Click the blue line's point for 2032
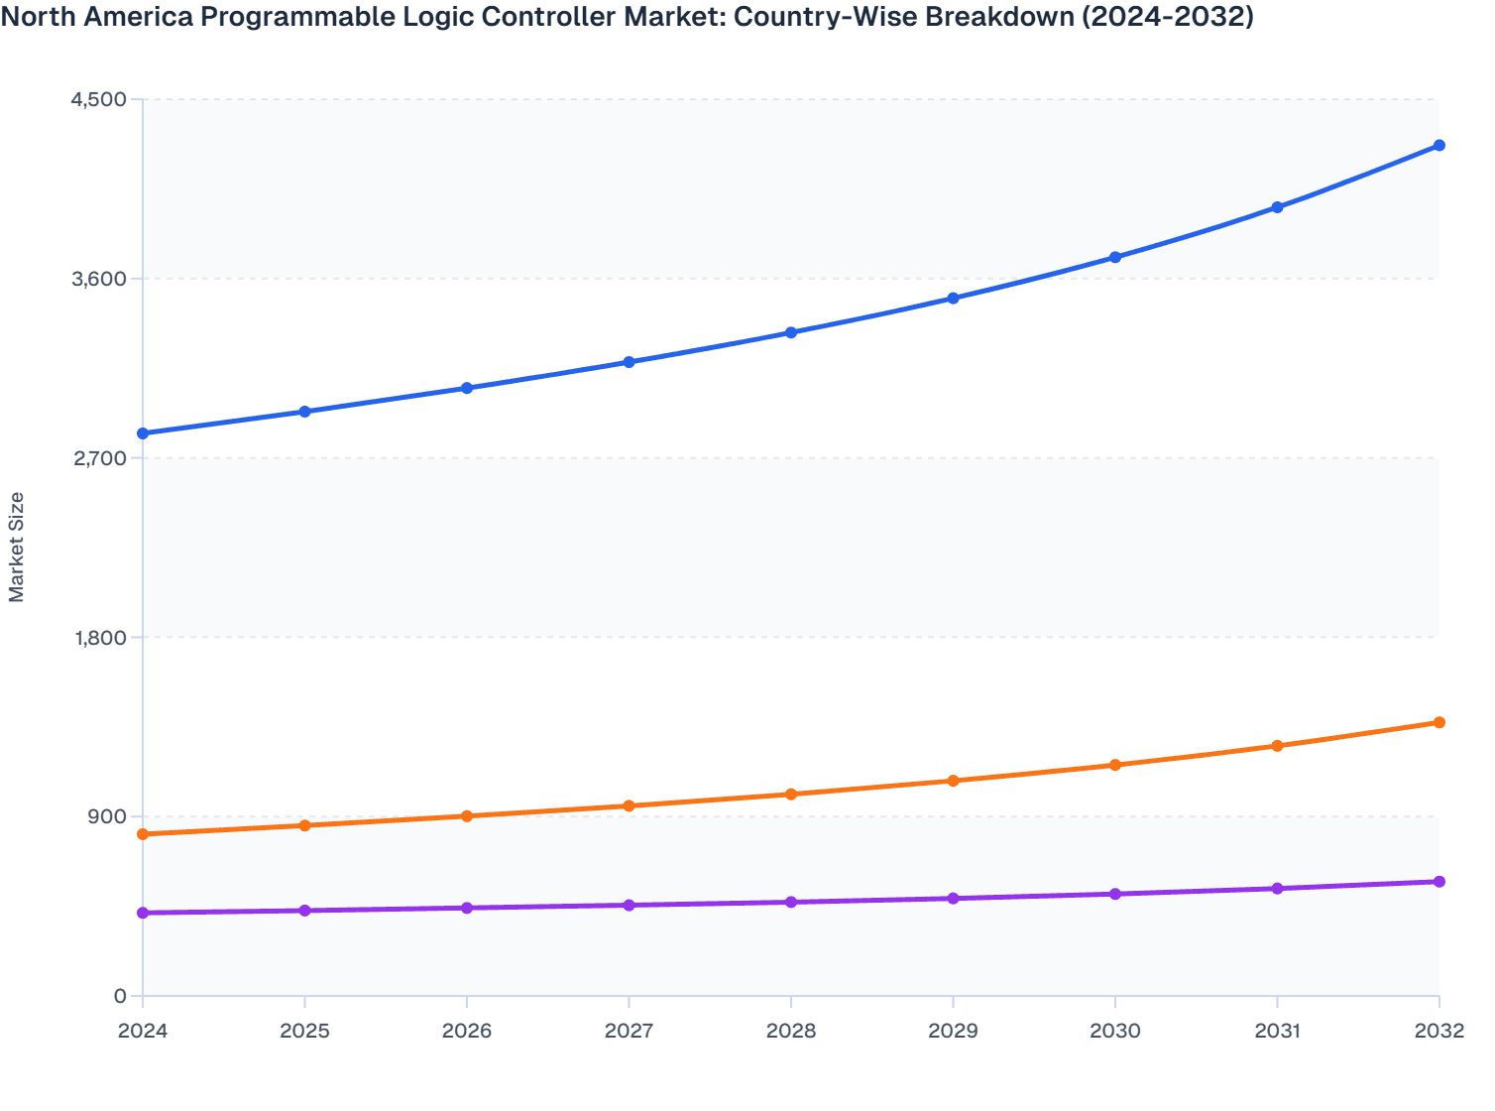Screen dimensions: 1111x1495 (x=1439, y=146)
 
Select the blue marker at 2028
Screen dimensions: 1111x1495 (x=791, y=332)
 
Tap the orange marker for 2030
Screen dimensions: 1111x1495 (x=1115, y=765)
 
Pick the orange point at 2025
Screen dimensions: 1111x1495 (x=305, y=825)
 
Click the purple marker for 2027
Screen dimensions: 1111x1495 (x=630, y=905)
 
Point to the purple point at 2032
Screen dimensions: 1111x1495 (x=1439, y=882)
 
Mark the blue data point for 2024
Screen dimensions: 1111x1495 (x=143, y=433)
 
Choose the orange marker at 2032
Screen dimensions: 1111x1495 (x=1439, y=722)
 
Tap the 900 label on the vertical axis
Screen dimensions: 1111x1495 (x=107, y=816)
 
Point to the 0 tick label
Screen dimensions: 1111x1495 (x=120, y=996)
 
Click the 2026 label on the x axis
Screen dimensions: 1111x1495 (x=467, y=1031)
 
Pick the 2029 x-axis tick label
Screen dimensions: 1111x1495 (x=953, y=1031)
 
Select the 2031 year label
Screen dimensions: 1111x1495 (x=1277, y=1031)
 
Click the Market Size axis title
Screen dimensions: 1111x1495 (x=17, y=548)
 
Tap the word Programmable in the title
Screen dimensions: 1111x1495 (x=289, y=18)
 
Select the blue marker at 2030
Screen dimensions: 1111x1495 (x=1115, y=257)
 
